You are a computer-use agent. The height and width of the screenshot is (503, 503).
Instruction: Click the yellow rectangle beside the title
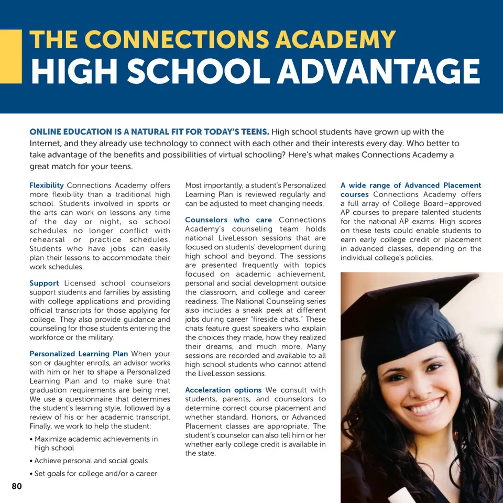[10, 57]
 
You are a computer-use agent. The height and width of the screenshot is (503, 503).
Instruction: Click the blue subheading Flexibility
[47, 185]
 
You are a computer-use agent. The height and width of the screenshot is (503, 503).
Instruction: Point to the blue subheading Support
[44, 283]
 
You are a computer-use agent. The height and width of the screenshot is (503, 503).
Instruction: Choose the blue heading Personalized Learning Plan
[79, 354]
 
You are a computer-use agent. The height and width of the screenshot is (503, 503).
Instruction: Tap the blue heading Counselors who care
[228, 220]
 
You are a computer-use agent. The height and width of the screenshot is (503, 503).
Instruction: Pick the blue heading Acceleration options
[223, 390]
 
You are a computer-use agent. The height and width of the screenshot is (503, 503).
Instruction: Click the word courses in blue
[354, 194]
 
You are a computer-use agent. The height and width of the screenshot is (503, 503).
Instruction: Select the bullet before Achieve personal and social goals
[31, 462]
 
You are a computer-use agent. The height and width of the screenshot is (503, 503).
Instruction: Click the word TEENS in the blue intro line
[253, 132]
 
